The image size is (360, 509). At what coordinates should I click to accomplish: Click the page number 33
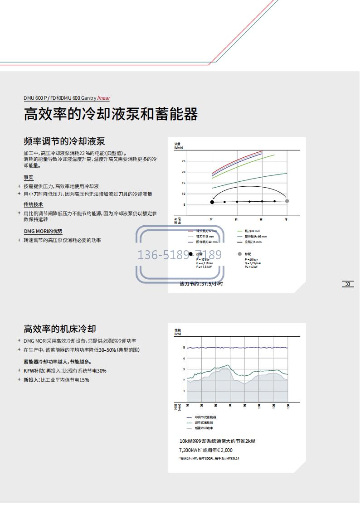[x=348, y=284]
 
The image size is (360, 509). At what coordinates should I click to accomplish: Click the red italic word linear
[x=104, y=98]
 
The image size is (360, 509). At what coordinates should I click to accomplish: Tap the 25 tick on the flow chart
[x=184, y=161]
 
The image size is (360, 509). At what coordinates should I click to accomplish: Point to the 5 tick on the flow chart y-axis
[x=185, y=205]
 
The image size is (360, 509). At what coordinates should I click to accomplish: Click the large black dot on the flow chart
[x=212, y=202]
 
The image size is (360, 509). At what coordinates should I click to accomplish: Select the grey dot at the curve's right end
[x=287, y=201]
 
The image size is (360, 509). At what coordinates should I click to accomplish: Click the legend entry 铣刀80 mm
[x=252, y=231]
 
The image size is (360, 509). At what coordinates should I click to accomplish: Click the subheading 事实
[x=29, y=178]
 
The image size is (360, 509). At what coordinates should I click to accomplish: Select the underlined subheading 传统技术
[x=34, y=205]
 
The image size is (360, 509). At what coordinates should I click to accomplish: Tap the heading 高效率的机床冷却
[x=60, y=329]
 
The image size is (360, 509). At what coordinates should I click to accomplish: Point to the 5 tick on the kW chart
[x=184, y=348]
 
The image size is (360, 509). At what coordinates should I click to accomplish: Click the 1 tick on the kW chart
[x=184, y=391]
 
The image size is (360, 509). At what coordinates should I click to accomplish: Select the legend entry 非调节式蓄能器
[x=205, y=417]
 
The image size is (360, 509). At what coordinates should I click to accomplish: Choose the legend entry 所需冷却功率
[x=204, y=428]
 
